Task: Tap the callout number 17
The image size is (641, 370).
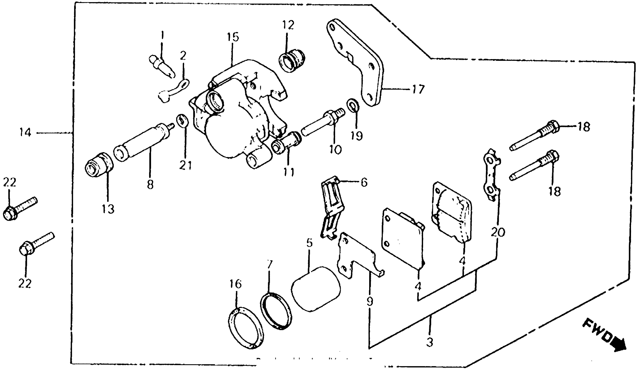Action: (x=418, y=89)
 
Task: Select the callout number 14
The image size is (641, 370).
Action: (x=25, y=133)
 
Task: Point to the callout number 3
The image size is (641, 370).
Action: (x=429, y=342)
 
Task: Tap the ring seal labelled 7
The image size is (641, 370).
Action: (x=276, y=311)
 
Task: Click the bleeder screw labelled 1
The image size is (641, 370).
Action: (x=162, y=67)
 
